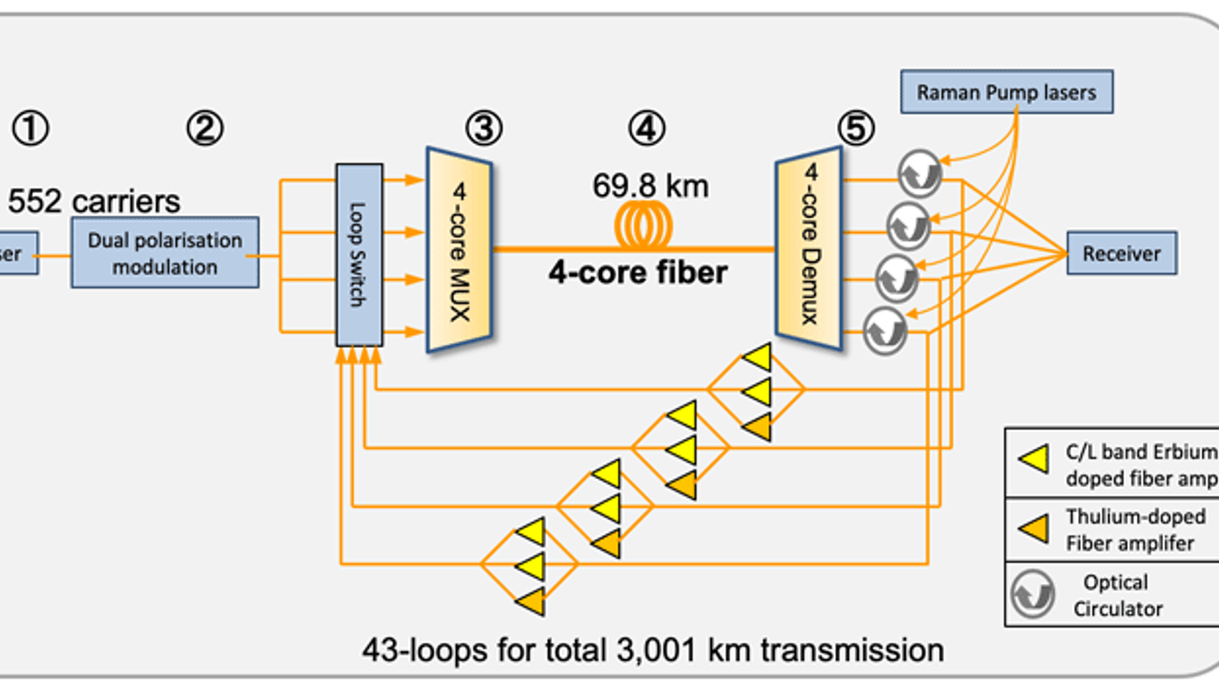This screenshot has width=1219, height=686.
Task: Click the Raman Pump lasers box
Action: point(1006,92)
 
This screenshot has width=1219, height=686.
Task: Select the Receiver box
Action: point(1121,253)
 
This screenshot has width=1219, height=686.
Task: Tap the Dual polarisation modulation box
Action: point(165,253)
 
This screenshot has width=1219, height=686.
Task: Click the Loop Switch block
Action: point(359,255)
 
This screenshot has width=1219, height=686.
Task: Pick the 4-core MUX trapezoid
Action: point(459,250)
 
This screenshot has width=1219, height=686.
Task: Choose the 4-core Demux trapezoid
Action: point(809,248)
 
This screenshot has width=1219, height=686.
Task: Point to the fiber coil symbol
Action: point(644,226)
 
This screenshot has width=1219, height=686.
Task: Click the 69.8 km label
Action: point(651,186)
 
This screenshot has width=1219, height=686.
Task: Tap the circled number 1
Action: point(30,128)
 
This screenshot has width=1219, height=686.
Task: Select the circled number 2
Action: point(205,128)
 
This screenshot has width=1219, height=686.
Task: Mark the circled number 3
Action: point(484,128)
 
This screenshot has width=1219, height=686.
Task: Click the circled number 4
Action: point(647,128)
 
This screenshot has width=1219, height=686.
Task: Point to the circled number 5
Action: point(856,128)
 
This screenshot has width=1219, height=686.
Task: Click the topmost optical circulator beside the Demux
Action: point(920,174)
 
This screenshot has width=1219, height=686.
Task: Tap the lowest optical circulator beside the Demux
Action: point(885,331)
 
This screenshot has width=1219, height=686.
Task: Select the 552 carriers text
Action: point(94,202)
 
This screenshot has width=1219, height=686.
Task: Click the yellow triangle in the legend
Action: point(1035,460)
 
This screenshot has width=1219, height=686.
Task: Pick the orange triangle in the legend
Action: point(1035,527)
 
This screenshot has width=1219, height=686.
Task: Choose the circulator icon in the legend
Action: point(1033,594)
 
